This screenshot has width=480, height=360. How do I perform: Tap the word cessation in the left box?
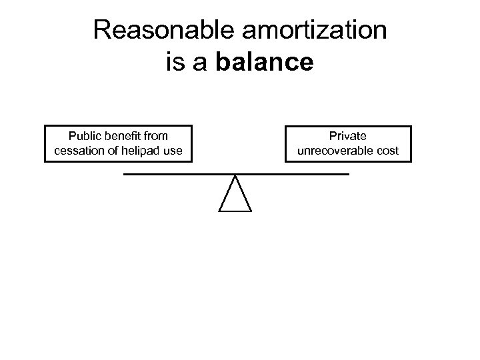(77, 151)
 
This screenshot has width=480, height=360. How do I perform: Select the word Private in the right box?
(348, 137)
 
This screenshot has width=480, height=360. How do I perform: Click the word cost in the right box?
(387, 151)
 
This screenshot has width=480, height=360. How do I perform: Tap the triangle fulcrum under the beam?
(235, 197)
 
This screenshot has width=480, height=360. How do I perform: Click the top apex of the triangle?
(235, 176)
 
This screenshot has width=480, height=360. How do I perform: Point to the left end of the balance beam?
(125, 174)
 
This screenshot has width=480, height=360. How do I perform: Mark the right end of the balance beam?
(347, 174)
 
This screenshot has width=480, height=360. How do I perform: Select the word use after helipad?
(172, 151)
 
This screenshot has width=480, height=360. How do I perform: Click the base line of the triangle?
(235, 211)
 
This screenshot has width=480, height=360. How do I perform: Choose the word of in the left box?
(109, 151)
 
